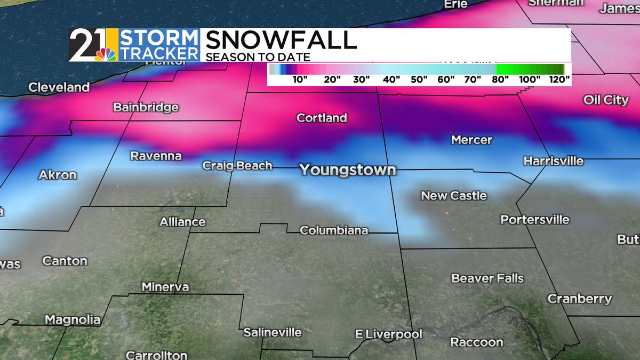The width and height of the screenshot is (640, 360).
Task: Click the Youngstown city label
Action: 348,170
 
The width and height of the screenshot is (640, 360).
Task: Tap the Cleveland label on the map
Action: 59,87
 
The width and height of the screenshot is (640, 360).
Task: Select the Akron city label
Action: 58,175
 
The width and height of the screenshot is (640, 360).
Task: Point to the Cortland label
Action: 322,118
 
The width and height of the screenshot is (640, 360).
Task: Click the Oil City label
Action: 606,100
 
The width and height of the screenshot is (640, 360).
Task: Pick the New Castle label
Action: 454,196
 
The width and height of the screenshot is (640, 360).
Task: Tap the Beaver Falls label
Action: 487,278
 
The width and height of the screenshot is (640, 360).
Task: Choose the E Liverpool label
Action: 389,335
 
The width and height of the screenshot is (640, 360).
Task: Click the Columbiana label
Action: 334,230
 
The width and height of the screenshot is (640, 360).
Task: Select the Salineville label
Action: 273,332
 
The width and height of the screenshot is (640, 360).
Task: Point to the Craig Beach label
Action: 237,166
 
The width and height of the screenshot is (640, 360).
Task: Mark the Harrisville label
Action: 553,161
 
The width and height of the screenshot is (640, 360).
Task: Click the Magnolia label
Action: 73,320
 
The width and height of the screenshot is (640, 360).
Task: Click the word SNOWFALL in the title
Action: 281,41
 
